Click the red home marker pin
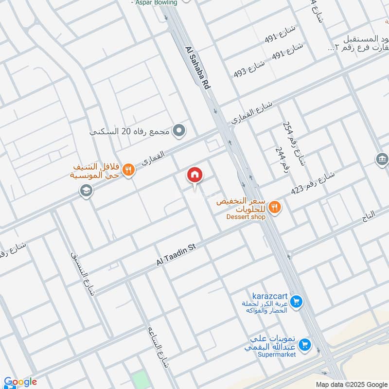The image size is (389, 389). pyautogui.click(x=195, y=175)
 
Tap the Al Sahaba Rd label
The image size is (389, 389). pyautogui.click(x=198, y=67)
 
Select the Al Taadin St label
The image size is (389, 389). pyautogui.click(x=176, y=255)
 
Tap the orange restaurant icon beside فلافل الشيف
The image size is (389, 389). pyautogui.click(x=128, y=169)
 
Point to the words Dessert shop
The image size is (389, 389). pyautogui.click(x=246, y=217)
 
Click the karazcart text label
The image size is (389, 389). pyautogui.click(x=270, y=296)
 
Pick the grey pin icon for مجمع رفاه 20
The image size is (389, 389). pyautogui.click(x=179, y=131)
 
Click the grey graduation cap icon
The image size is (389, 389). pyautogui.click(x=86, y=192)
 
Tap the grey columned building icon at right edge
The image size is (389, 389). pyautogui.click(x=382, y=159)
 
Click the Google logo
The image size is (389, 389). pyautogui.click(x=20, y=382)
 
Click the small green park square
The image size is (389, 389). pyautogui.click(x=140, y=380)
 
